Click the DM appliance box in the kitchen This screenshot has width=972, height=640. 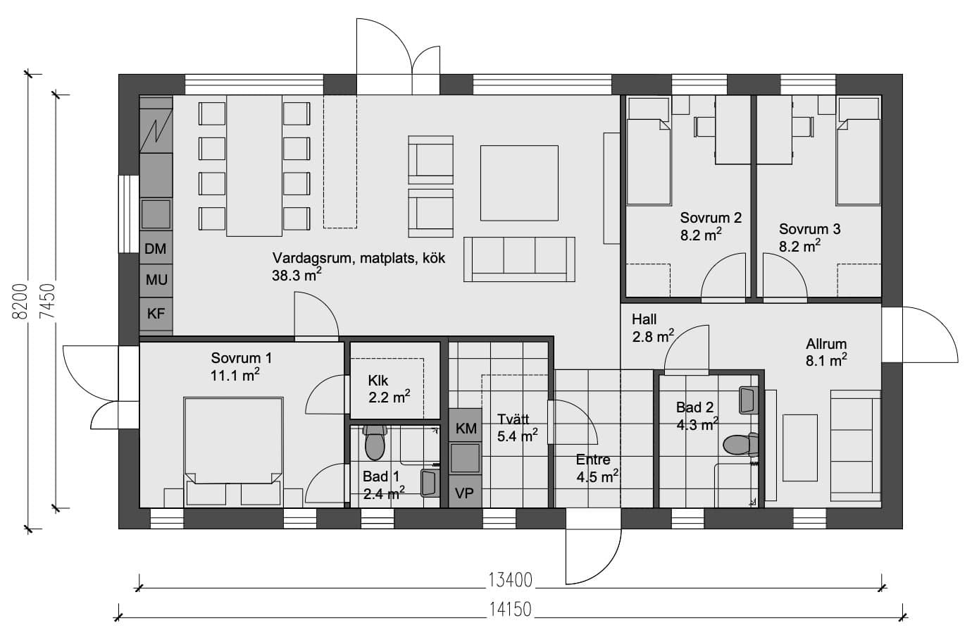[156, 248]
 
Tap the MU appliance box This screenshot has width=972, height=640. [156, 281]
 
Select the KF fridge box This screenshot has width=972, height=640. [156, 314]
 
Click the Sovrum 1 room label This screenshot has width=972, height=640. [242, 358]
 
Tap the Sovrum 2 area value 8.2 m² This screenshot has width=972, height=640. [701, 235]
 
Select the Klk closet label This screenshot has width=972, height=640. [378, 381]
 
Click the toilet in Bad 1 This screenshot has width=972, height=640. [375, 442]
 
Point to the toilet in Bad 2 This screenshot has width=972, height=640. [740, 445]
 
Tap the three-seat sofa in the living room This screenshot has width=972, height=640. [519, 259]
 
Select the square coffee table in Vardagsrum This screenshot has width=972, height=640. [519, 183]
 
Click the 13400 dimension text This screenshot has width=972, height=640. [510, 580]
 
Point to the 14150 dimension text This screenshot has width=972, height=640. [510, 610]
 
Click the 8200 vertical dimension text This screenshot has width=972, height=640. [20, 302]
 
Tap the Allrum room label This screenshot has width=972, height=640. [826, 344]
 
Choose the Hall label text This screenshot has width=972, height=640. [644, 319]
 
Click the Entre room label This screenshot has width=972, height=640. [593, 460]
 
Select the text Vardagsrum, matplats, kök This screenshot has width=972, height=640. [359, 259]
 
